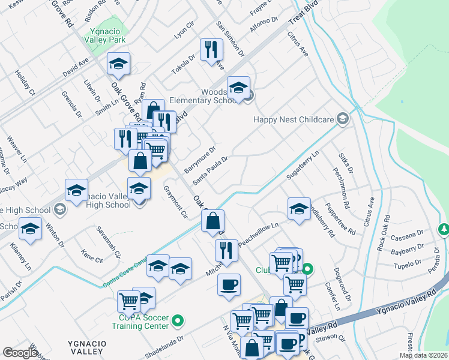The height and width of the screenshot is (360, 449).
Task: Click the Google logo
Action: coord(20,352)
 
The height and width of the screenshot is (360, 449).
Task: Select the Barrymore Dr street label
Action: coord(200,160)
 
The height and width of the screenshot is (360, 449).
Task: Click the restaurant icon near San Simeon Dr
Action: coord(211,50)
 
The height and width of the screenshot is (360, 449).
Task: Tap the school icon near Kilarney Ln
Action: coord(31,230)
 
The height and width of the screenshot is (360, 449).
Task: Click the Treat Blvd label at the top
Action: coord(304,14)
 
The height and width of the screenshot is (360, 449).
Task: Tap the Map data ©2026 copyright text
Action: coord(423,355)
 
